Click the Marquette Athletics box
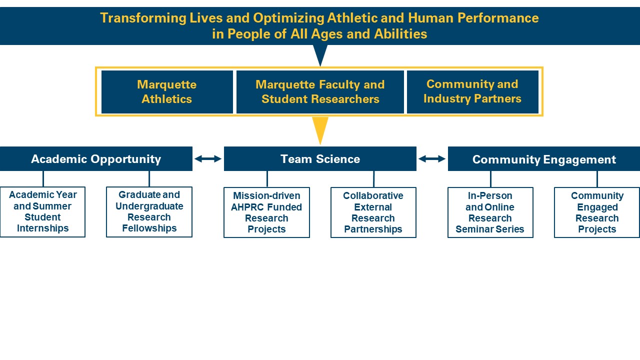[167, 92]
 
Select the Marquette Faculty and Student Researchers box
[320, 92]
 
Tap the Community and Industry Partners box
[472, 92]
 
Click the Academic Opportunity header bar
[96, 159]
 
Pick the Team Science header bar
[320, 159]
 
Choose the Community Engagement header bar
[544, 159]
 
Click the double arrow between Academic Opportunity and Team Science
[208, 159]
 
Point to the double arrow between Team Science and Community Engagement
[432, 159]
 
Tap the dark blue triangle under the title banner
[320, 54]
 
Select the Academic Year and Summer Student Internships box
[42, 212]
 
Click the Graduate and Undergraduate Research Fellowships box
[149, 212]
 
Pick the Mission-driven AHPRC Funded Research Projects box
[266, 212]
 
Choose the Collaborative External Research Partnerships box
[373, 212]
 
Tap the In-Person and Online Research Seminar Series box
[490, 212]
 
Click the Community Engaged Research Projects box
[597, 212]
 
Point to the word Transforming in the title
[143, 18]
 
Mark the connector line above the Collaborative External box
[373, 179]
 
